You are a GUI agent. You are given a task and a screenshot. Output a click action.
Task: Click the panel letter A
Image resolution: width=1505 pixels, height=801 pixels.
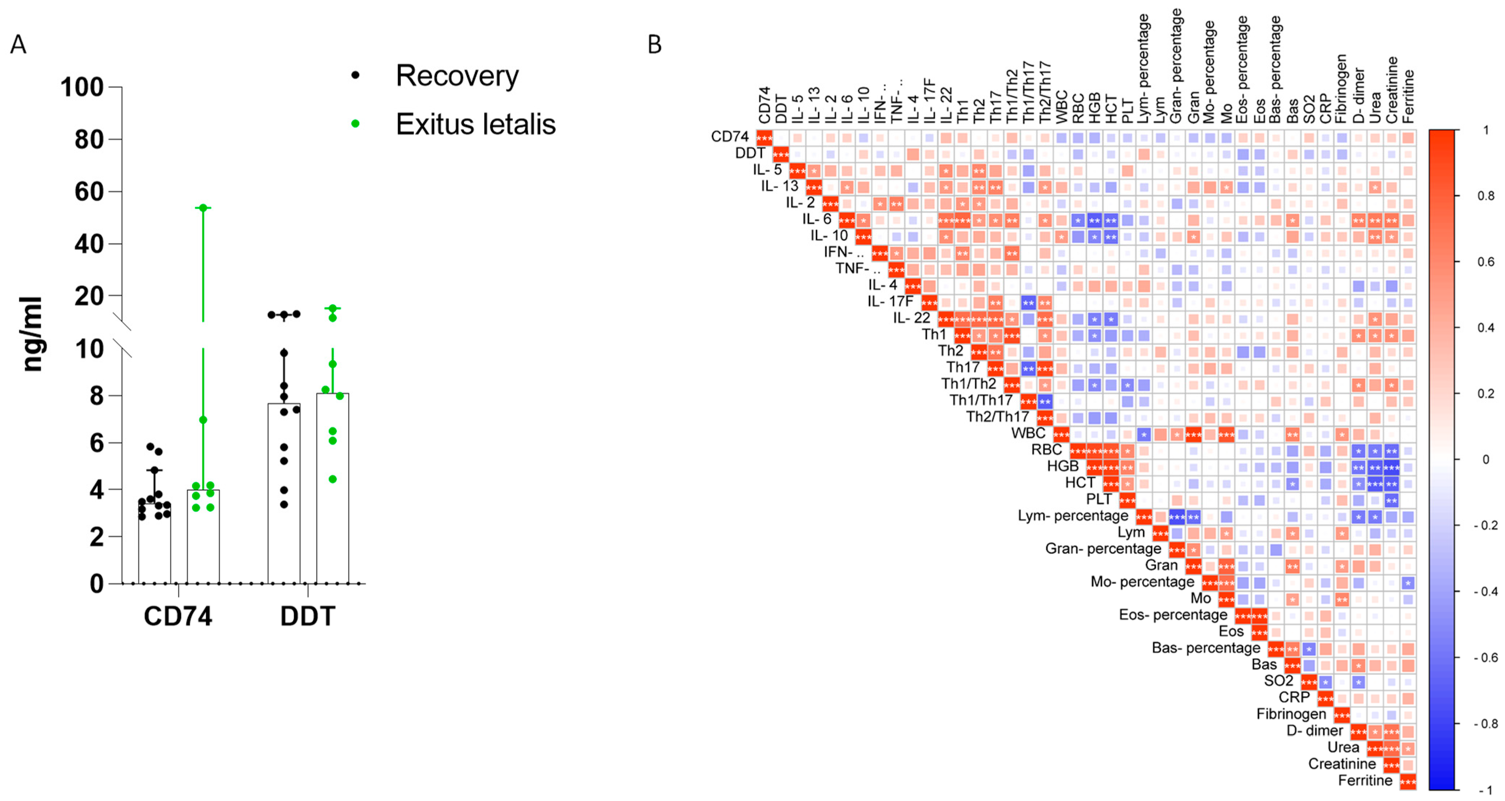[18, 44]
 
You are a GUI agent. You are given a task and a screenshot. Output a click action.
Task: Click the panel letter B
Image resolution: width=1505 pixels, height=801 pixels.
[654, 44]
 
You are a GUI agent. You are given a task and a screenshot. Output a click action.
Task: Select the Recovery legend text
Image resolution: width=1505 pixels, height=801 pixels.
[457, 76]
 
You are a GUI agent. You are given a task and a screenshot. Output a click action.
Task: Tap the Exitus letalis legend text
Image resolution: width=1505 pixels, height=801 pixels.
[476, 124]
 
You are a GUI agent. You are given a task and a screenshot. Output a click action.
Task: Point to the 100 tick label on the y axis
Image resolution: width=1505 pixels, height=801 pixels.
[82, 88]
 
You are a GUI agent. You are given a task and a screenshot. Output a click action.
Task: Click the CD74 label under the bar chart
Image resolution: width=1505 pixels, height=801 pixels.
[178, 616]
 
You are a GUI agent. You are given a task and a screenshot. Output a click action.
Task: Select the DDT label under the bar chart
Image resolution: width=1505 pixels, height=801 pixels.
[308, 616]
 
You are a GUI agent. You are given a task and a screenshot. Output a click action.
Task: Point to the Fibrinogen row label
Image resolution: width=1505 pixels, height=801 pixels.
[1291, 714]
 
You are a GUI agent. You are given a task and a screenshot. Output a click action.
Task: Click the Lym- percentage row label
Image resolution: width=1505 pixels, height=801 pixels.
[1073, 516]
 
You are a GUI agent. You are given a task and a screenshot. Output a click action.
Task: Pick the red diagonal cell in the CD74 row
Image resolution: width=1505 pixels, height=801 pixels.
[764, 138]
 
